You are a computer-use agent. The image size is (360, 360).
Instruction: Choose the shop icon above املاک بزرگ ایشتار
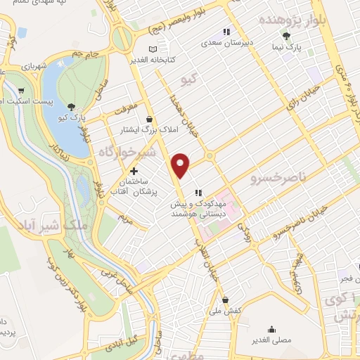coord(149,120)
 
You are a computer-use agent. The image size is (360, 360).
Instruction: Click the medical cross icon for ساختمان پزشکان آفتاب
coord(134,171)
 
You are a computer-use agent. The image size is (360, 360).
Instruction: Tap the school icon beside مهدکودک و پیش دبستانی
coord(198,192)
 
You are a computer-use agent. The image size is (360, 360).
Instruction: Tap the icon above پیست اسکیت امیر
coord(22,90)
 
